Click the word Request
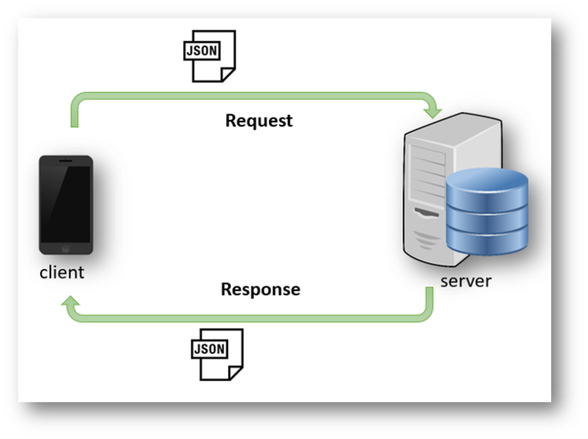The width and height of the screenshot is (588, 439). click(x=258, y=121)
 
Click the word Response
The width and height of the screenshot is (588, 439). click(x=260, y=289)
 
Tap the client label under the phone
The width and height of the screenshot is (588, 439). click(x=61, y=272)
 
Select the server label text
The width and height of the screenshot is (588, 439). click(x=466, y=282)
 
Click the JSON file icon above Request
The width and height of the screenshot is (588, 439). click(x=208, y=56)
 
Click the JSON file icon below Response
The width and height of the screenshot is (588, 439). click(x=216, y=354)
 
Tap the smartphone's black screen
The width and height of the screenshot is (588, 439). click(x=65, y=205)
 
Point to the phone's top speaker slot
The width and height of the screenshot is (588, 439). click(x=65, y=160)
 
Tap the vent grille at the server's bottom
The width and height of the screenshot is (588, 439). click(x=428, y=242)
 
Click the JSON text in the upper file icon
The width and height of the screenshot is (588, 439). click(x=201, y=51)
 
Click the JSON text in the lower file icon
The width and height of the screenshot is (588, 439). click(x=210, y=349)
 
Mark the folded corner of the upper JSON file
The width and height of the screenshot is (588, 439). click(x=227, y=74)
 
